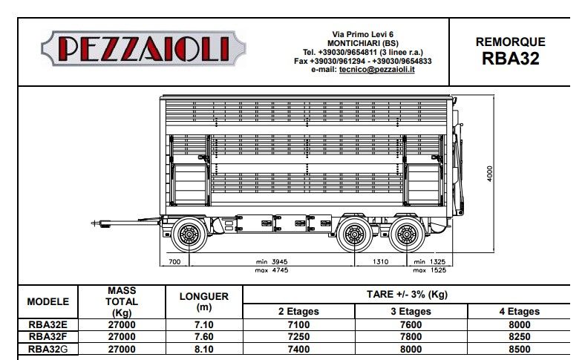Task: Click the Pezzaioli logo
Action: pyautogui.click(x=143, y=49)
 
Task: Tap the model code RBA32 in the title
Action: pyautogui.click(x=510, y=59)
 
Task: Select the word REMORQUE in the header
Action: pyautogui.click(x=510, y=43)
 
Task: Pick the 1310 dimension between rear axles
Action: pyautogui.click(x=379, y=263)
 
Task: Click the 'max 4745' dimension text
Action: pyautogui.click(x=272, y=269)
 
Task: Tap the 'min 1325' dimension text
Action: pyautogui.click(x=429, y=263)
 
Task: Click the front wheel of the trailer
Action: pyautogui.click(x=189, y=236)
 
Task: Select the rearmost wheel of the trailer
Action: pyautogui.click(x=405, y=236)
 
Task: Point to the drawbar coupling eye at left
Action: pyautogui.click(x=96, y=222)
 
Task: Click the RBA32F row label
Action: pyautogui.click(x=49, y=336)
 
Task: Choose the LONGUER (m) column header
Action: pyautogui.click(x=203, y=301)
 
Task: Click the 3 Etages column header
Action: pyautogui.click(x=410, y=311)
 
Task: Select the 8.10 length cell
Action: pyautogui.click(x=203, y=348)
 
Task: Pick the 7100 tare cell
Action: pyautogui.click(x=299, y=324)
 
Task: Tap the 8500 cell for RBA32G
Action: pyautogui.click(x=519, y=348)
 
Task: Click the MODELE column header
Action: pyautogui.click(x=48, y=302)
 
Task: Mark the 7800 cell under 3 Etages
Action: pyautogui.click(x=410, y=336)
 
